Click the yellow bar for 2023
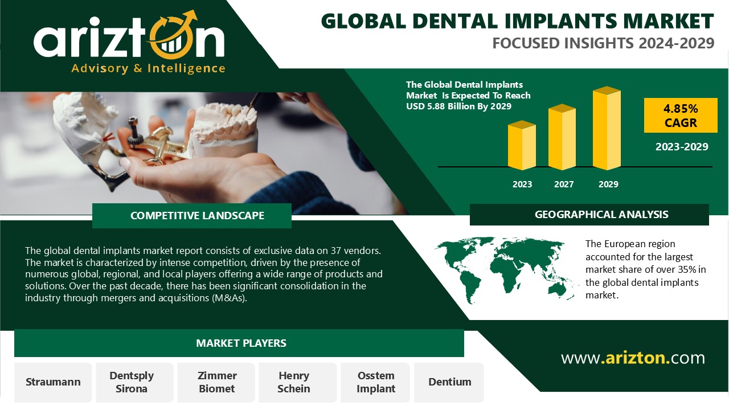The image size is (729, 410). [522, 145]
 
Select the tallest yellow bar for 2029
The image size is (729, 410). [607, 128]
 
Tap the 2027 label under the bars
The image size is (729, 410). [564, 184]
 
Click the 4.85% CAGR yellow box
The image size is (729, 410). [681, 115]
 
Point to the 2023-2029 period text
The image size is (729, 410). [682, 147]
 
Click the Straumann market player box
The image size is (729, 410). [53, 382]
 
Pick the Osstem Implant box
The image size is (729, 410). [375, 382]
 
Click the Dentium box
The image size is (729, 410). [449, 382]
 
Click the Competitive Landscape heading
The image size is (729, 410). [197, 215]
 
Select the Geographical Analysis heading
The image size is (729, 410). [601, 215]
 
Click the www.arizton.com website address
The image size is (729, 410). [633, 358]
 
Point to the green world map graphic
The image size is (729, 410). [506, 269]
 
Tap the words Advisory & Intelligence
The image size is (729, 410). [148, 69]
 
